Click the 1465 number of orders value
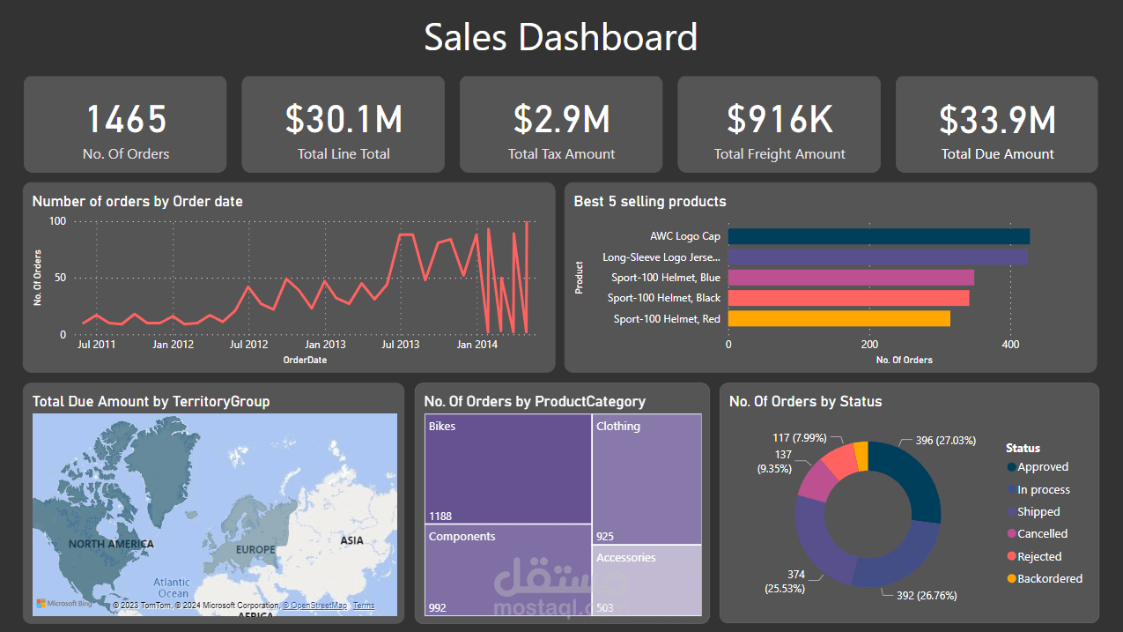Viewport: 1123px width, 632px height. [125, 120]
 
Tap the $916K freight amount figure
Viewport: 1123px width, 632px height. [779, 120]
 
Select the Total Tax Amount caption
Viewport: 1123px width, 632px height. [561, 154]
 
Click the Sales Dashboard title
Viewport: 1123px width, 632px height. [561, 38]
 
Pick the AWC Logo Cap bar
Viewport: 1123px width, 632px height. [878, 236]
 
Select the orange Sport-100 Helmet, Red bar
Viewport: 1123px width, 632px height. [839, 318]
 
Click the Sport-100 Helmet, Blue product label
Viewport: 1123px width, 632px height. [666, 278]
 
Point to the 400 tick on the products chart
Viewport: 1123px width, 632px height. [1009, 344]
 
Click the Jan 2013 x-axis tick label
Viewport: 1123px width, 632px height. [325, 345]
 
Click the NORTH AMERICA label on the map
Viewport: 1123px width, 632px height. [111, 544]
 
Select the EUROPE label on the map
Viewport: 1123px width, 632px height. [255, 550]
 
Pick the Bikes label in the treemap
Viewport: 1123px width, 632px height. [442, 427]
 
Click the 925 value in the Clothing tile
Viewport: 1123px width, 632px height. [604, 536]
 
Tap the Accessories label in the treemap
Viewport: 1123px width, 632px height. [625, 558]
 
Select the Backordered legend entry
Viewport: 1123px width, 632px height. [1049, 579]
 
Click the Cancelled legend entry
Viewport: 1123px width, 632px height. [1042, 534]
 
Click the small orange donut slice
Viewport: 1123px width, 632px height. [862, 456]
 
